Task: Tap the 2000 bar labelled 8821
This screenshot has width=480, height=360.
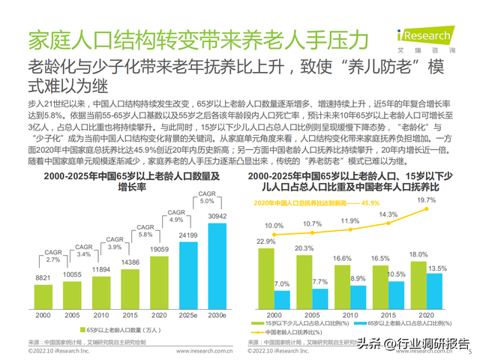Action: point(44,295)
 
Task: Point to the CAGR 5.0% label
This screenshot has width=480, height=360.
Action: point(207,197)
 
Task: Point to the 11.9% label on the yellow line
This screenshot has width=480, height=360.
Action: point(349,221)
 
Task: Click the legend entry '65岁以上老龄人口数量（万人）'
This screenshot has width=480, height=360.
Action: point(128,329)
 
